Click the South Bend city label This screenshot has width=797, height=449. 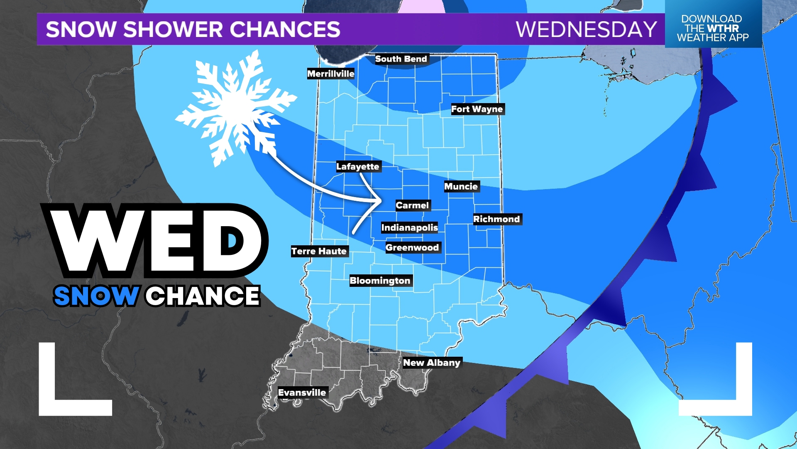401,59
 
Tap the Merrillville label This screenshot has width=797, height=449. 331,74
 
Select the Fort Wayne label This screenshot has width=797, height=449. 477,109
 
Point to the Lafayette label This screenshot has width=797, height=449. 358,167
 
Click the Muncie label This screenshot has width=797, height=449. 461,187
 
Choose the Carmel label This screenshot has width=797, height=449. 412,205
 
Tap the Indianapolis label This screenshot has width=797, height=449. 409,228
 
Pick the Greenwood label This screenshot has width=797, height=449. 412,248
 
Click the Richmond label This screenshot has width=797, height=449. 496,219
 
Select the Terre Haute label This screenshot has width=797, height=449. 319,251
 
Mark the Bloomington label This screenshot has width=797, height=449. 380,281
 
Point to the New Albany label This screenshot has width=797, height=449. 432,363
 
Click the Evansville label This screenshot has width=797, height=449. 302,393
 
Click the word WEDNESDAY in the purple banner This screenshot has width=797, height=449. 586,30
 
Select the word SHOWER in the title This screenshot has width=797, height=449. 174,30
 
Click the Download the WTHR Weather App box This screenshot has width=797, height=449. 713,28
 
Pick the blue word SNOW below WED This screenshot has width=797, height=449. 96,296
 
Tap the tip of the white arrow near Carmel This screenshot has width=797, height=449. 381,201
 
